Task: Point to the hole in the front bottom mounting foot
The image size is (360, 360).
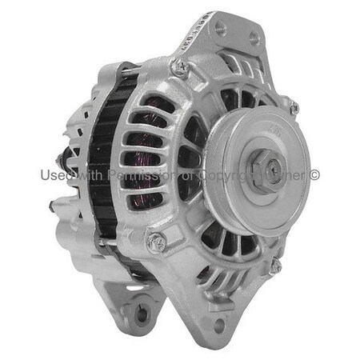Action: (x=220, y=325)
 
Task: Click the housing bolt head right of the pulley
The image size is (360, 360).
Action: (x=294, y=107)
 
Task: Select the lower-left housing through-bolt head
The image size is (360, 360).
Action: (x=157, y=239)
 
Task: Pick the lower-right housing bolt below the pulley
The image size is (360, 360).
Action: (x=275, y=266)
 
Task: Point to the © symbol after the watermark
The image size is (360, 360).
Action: (x=314, y=174)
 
